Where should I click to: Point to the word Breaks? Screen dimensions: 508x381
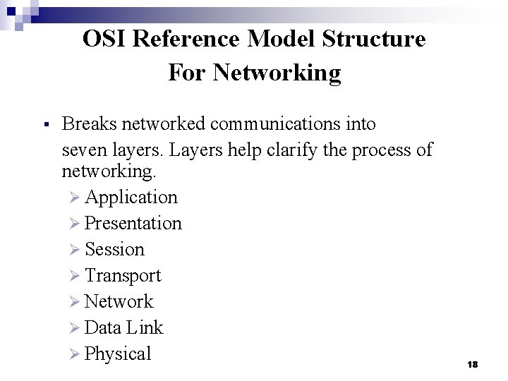pyautogui.click(x=89, y=124)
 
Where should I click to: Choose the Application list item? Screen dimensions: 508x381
pyautogui.click(x=131, y=197)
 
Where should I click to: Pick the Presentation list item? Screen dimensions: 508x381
pyautogui.click(x=133, y=223)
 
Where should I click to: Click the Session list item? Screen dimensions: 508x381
pyautogui.click(x=114, y=249)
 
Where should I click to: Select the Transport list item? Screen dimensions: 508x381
pyautogui.click(x=123, y=275)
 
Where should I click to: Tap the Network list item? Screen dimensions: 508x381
pyautogui.click(x=119, y=301)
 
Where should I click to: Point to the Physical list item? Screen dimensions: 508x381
pyautogui.click(x=118, y=353)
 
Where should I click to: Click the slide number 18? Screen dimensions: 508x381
pyautogui.click(x=473, y=364)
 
